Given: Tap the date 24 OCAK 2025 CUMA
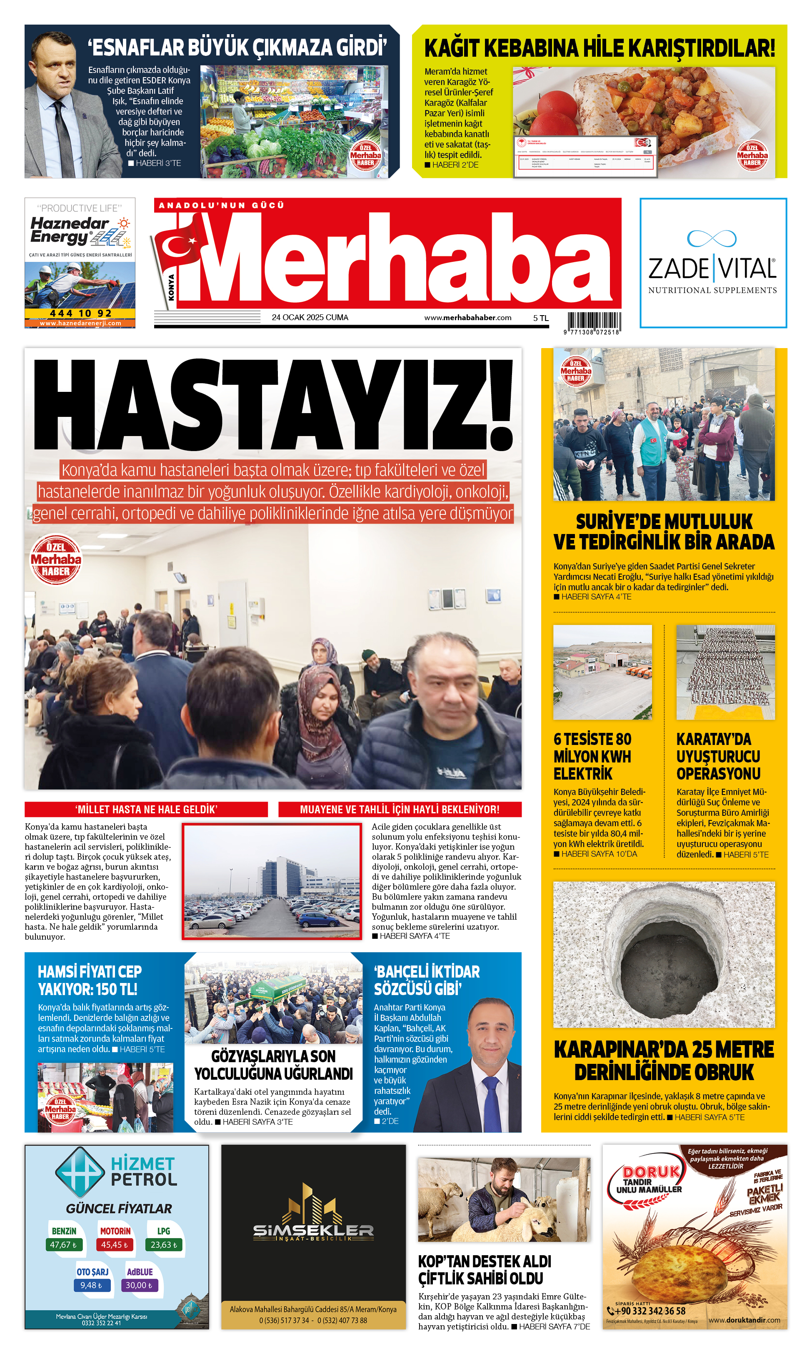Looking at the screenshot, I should coord(310,318).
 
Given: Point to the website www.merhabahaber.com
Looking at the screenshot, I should coord(468,318).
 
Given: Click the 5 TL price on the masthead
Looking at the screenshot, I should coord(541,318).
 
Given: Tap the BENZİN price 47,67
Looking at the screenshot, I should coord(63,1244).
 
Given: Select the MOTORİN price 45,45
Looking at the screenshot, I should coord(114,1244).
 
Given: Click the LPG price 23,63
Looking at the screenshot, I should coord(164,1244).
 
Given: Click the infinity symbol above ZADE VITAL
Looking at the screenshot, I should coord(712,238).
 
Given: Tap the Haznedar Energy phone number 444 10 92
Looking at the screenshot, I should coord(80,313).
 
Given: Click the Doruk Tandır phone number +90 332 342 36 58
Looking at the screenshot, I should coord(650,1310).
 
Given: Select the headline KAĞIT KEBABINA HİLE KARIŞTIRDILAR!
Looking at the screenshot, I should coord(600,48).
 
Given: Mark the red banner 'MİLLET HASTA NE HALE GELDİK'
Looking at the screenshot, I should coord(146,809).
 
